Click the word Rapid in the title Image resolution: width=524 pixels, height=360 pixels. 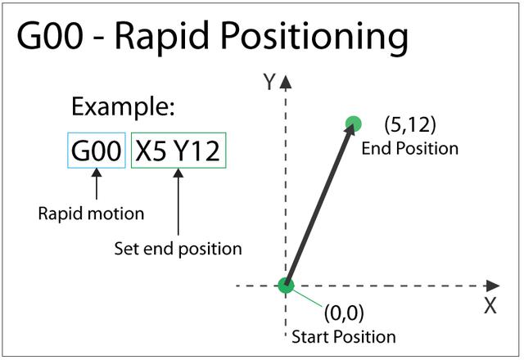tap(162, 37)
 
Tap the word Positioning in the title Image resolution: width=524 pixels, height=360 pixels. tap(314, 38)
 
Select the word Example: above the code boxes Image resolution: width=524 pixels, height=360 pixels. tap(123, 107)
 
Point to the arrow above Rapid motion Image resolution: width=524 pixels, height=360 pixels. tap(97, 183)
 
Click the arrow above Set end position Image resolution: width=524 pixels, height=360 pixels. tap(178, 202)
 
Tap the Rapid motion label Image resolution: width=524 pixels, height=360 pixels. tap(91, 214)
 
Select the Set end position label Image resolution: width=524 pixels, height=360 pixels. tap(178, 249)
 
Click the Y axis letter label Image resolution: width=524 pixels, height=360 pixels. tap(269, 82)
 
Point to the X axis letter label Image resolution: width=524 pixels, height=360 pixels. tap(490, 305)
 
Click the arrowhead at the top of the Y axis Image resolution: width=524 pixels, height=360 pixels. tap(286, 82)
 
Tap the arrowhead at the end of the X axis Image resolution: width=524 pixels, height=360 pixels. tap(493, 286)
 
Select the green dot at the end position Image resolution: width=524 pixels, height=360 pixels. tap(354, 124)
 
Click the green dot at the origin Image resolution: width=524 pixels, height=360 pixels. tap(286, 286)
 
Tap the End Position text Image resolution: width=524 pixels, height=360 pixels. tap(409, 149)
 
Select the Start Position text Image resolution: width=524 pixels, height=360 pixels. tap(344, 336)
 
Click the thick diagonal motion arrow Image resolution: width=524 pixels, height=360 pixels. tap(320, 205)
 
